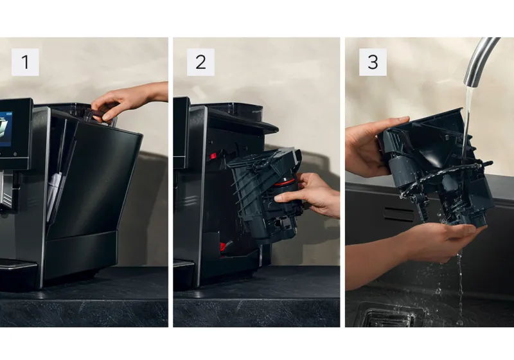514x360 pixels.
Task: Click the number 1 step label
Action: pyautogui.click(x=25, y=62)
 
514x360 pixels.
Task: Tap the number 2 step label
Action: pyautogui.click(x=200, y=62)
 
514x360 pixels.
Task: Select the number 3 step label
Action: pyautogui.click(x=373, y=62)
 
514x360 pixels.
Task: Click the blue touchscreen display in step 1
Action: pyautogui.click(x=6, y=129)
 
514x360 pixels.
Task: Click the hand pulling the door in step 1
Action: pyautogui.click(x=128, y=100)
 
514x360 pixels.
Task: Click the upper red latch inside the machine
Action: pyautogui.click(x=213, y=156)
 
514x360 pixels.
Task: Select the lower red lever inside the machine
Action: pyautogui.click(x=223, y=246)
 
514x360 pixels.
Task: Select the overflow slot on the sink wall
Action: pyautogui.click(x=399, y=214)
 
